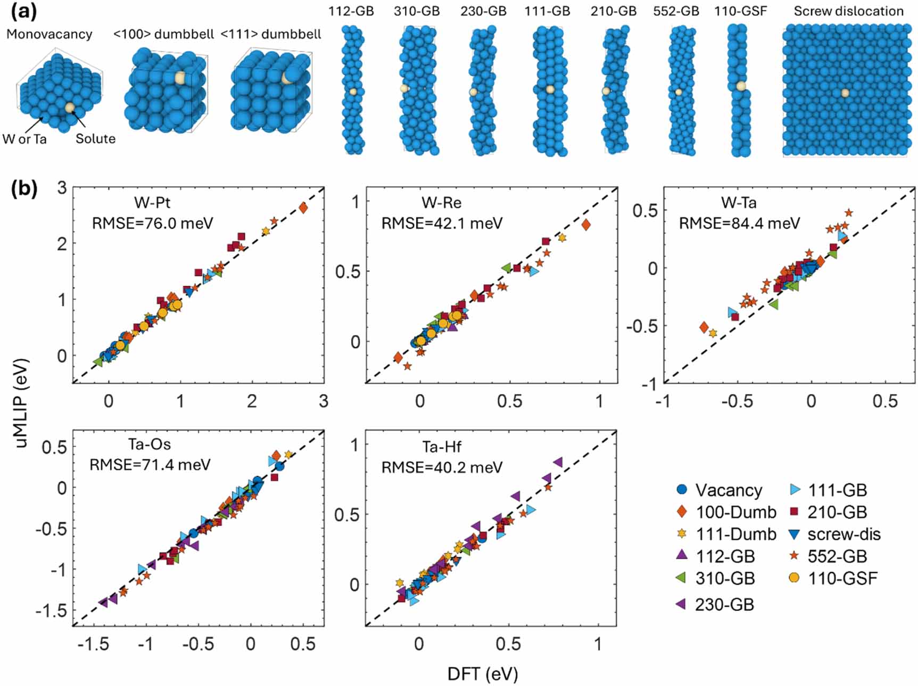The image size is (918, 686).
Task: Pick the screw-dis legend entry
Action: (x=843, y=534)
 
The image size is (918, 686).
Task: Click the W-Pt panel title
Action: (x=152, y=203)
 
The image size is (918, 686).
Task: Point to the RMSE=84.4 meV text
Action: (x=739, y=223)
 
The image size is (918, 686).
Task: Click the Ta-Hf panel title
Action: (x=442, y=447)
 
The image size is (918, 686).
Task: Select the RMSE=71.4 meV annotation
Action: (x=150, y=465)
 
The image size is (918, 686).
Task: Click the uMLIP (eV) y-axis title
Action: (x=21, y=403)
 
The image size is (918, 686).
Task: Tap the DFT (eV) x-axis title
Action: (x=482, y=674)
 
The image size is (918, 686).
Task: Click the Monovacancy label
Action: (x=49, y=34)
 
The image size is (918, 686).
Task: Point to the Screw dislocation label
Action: (x=848, y=11)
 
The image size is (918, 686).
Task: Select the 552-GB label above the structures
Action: (x=676, y=11)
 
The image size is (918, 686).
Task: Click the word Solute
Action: (x=95, y=139)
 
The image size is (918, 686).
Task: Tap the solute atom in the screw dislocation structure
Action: (x=845, y=93)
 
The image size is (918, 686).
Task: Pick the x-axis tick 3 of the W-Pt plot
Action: (x=324, y=401)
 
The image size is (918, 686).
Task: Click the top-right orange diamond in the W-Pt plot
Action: (x=303, y=208)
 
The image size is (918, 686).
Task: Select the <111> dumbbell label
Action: (x=271, y=34)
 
